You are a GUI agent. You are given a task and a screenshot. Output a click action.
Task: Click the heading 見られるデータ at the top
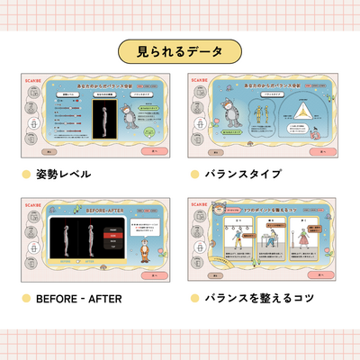pos(179,49)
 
